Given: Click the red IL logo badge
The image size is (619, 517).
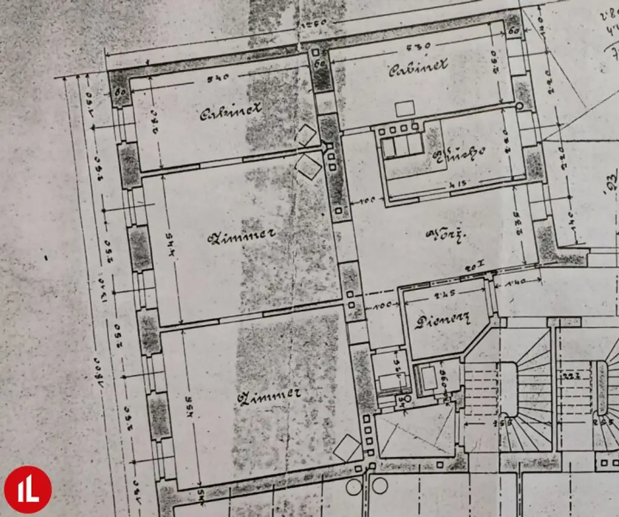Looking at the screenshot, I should coord(28,489).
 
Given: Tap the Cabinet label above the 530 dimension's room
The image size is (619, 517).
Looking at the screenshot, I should coord(418,66).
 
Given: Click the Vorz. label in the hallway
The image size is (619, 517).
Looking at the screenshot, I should coord(442,233).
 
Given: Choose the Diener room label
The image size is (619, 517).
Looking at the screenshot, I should coord(442,321).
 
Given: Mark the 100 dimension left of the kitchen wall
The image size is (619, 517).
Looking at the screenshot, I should coord(368,199).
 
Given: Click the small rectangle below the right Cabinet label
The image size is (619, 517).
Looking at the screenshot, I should coord(404,109).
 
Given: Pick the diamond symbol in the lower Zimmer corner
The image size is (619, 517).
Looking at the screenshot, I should coord(348,448).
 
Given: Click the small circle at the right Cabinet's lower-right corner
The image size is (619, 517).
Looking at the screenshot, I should coord(519,107).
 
